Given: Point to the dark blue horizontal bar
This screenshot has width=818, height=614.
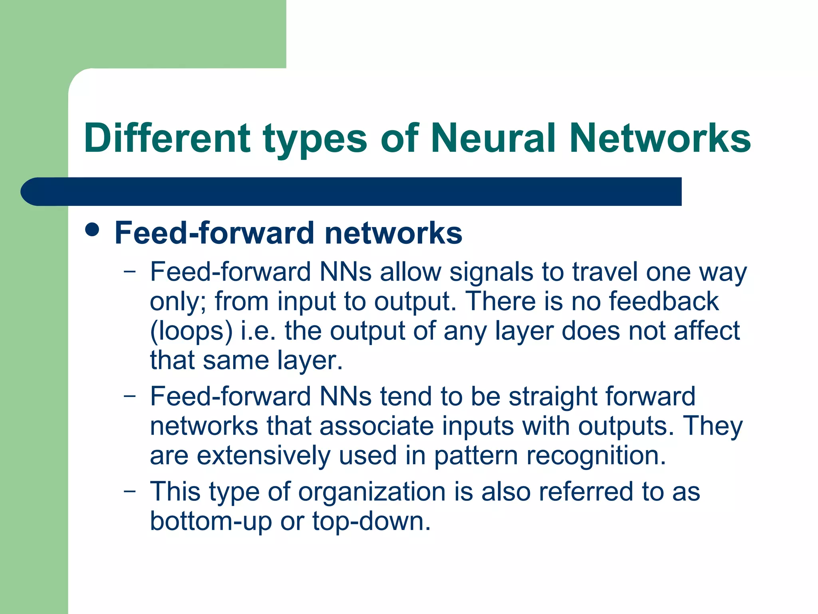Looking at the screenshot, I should click(x=351, y=191).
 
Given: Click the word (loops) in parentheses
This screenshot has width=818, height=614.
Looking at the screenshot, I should click(x=191, y=332).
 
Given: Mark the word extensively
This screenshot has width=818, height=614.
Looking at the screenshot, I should click(x=263, y=456).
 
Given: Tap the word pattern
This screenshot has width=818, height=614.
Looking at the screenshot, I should click(x=476, y=457).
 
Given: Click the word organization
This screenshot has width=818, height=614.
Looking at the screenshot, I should click(x=371, y=492).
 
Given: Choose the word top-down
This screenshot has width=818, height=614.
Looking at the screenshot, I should click(x=371, y=521).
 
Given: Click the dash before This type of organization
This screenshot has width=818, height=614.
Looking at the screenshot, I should click(x=129, y=491).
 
